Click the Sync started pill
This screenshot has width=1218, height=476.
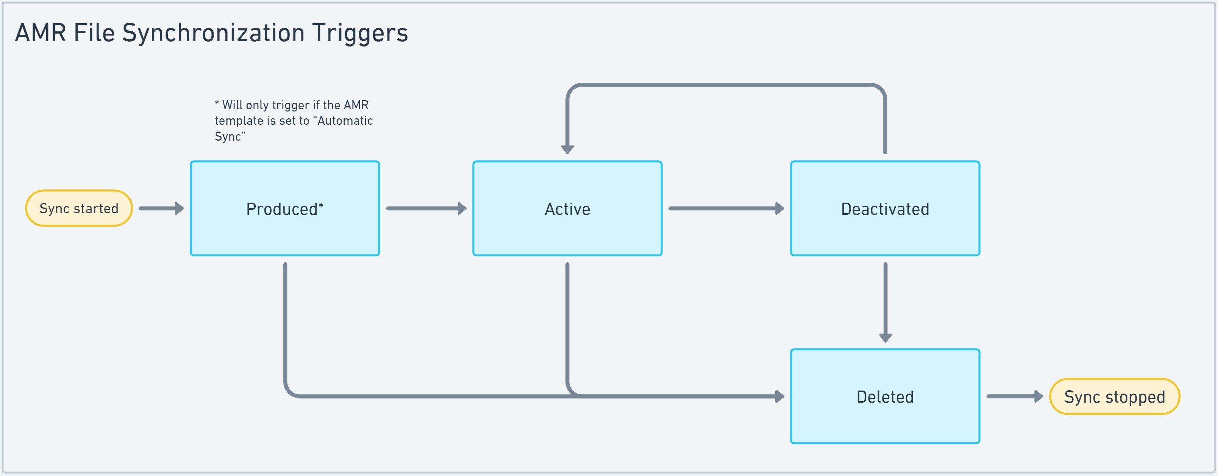pyautogui.click(x=78, y=208)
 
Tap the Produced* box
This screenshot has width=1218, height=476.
pyautogui.click(x=285, y=209)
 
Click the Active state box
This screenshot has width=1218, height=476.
pyautogui.click(x=567, y=209)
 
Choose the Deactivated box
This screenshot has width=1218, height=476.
pyautogui.click(x=885, y=209)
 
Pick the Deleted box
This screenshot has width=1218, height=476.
pyautogui.click(x=885, y=397)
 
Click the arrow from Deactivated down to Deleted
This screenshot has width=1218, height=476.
pyautogui.click(x=885, y=302)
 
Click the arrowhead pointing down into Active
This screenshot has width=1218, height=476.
pyautogui.click(x=567, y=150)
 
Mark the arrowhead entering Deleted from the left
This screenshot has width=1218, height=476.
pyautogui.click(x=779, y=396)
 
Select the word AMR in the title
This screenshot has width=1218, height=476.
pyautogui.click(x=41, y=33)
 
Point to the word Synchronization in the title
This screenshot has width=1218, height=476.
pyautogui.click(x=213, y=33)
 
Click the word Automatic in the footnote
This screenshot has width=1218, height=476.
pyautogui.click(x=345, y=121)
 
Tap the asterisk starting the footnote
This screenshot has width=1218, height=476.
pyautogui.click(x=217, y=103)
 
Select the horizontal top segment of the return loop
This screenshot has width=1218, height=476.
pyautogui.click(x=726, y=85)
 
